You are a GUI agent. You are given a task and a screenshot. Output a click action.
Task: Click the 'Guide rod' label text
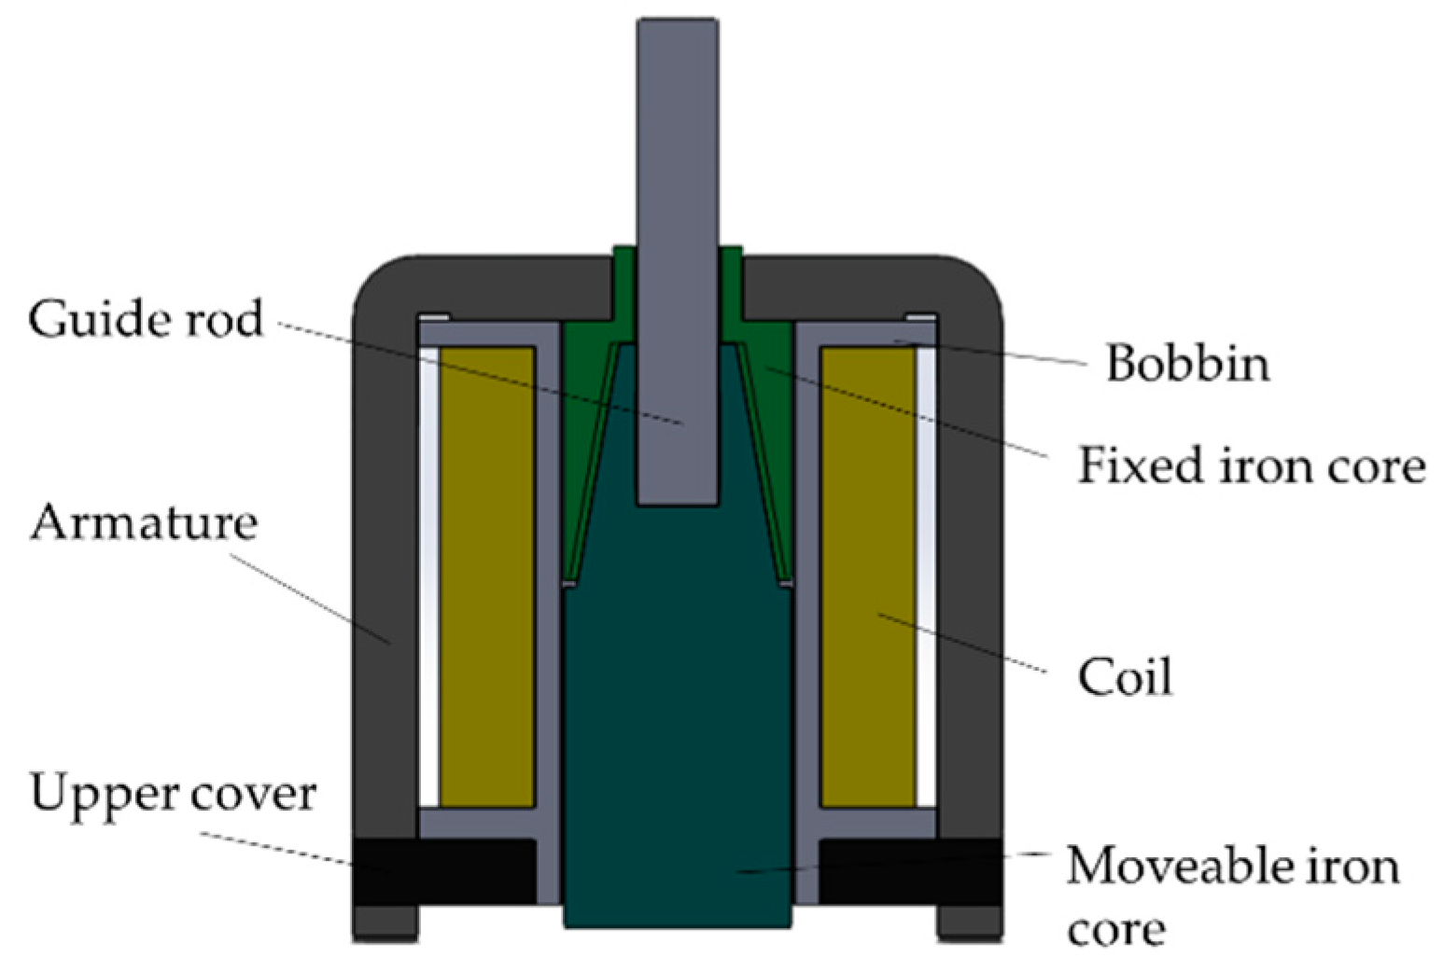tap(145, 320)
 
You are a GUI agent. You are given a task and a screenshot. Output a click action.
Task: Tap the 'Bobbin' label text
tap(1187, 363)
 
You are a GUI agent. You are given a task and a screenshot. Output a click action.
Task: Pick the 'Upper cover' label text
tap(174, 795)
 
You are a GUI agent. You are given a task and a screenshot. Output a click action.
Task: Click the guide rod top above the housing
tap(678, 131)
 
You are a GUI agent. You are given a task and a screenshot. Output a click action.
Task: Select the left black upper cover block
tap(442, 871)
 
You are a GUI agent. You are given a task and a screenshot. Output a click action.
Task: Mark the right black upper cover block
tap(910, 871)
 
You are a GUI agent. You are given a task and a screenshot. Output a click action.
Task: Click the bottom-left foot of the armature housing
tap(385, 923)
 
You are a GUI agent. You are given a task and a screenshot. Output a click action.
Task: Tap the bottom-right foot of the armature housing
tap(970, 923)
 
